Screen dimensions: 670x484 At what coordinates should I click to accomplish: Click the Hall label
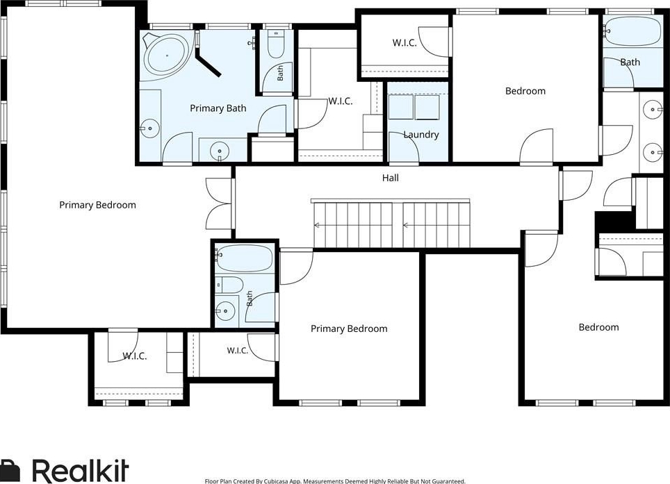[390, 178]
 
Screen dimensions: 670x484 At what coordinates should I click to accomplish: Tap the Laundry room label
[421, 135]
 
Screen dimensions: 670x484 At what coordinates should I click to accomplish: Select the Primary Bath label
[218, 108]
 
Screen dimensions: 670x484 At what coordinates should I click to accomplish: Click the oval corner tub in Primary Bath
[167, 55]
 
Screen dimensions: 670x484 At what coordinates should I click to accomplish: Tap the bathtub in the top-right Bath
[633, 31]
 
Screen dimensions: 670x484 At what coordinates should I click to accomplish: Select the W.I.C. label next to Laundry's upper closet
[405, 42]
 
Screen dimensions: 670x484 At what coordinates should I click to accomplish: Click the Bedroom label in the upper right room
[525, 91]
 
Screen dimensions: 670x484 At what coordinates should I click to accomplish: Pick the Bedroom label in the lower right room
[598, 327]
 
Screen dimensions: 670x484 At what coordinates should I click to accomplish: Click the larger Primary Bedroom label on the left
[97, 206]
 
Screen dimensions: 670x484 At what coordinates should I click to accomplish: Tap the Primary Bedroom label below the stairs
[349, 328]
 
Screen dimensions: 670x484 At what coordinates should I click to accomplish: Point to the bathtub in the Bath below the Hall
[243, 258]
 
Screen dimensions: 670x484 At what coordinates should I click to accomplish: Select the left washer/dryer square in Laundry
[401, 107]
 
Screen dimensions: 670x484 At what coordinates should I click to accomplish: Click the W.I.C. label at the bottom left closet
[135, 356]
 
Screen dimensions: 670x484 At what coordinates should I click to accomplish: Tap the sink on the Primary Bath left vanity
[150, 128]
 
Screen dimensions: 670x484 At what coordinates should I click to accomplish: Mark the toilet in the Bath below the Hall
[229, 284]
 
